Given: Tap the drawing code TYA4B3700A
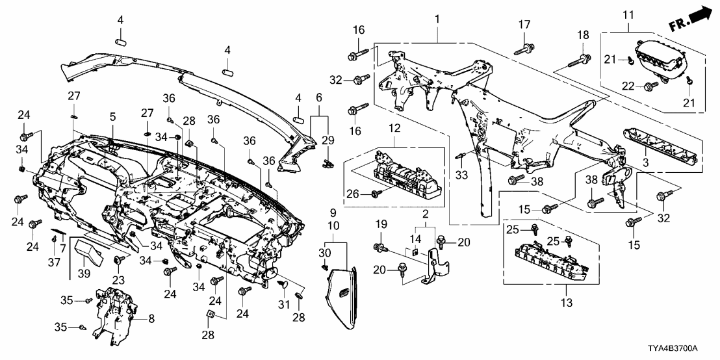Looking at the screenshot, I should coord(682,348).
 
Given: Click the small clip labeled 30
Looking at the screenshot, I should coord(324,265).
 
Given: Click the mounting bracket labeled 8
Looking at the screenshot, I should coord(113,312).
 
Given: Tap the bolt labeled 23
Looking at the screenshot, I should coord(119,260).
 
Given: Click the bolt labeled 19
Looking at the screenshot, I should coord(378,246).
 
